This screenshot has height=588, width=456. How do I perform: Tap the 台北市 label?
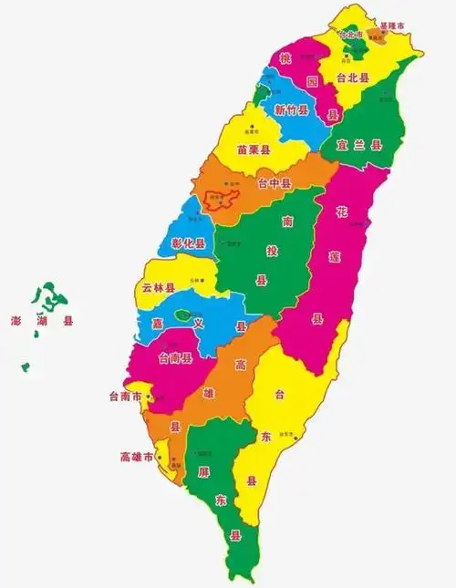click(352, 35)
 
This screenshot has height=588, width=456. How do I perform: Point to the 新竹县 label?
click(292, 109)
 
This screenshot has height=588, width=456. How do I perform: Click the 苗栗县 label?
click(254, 149)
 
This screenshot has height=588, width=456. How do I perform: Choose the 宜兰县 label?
click(358, 144)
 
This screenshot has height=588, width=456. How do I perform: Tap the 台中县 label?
click(274, 184)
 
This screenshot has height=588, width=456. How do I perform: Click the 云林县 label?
click(159, 287)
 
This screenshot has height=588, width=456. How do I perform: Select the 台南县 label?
click(175, 357)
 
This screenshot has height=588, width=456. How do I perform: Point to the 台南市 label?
click(125, 397)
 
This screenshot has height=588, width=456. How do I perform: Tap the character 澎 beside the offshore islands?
click(16, 321)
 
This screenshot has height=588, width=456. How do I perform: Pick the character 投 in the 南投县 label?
click(287, 251)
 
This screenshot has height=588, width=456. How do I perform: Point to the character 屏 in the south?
click(202, 472)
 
